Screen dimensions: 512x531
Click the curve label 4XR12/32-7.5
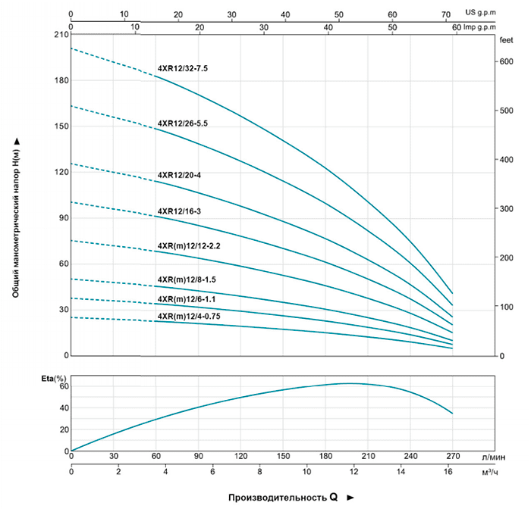click(x=182, y=68)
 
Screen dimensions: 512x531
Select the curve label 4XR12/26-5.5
click(x=182, y=123)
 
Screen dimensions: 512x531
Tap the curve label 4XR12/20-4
click(x=179, y=175)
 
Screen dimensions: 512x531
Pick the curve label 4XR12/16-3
click(x=179, y=211)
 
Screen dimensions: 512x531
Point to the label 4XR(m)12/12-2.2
click(x=188, y=246)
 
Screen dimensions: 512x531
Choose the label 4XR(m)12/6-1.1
click(x=187, y=299)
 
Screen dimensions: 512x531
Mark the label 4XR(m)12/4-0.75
click(x=189, y=316)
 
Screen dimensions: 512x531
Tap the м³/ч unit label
click(x=489, y=472)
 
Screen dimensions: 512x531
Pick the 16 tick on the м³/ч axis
click(x=448, y=472)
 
